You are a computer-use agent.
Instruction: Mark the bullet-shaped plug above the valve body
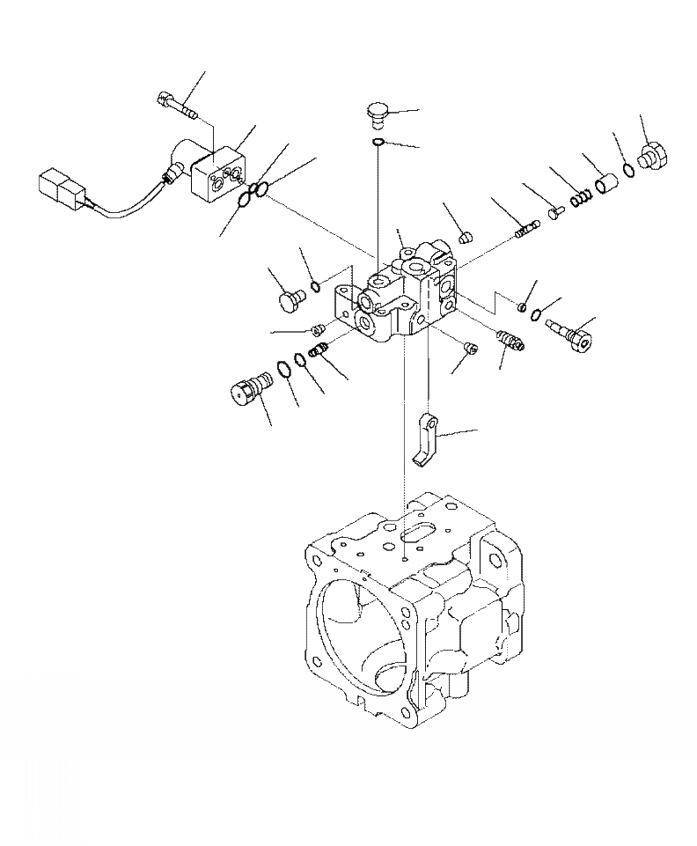point(467,235)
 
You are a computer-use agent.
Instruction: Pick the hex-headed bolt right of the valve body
point(572,333)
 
